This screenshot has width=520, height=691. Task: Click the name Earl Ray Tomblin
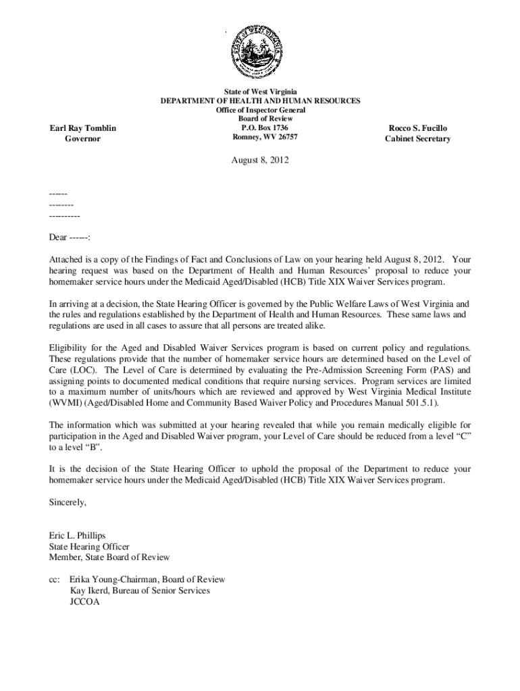(82, 128)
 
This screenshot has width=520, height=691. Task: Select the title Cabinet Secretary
(417, 139)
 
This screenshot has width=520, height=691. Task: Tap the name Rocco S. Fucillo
(417, 128)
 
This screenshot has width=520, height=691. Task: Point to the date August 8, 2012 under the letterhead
(260, 161)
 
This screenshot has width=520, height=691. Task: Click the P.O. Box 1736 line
(260, 128)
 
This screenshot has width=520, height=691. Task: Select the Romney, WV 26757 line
(260, 137)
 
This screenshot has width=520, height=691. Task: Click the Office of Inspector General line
(260, 109)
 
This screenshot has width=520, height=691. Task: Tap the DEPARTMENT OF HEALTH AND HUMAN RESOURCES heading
(260, 101)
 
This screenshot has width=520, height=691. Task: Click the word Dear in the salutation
(57, 238)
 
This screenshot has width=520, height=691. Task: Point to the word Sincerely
(68, 502)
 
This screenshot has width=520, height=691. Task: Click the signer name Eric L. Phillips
(77, 536)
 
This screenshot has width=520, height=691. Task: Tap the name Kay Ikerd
(91, 590)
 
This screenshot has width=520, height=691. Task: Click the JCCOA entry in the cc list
(84, 601)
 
